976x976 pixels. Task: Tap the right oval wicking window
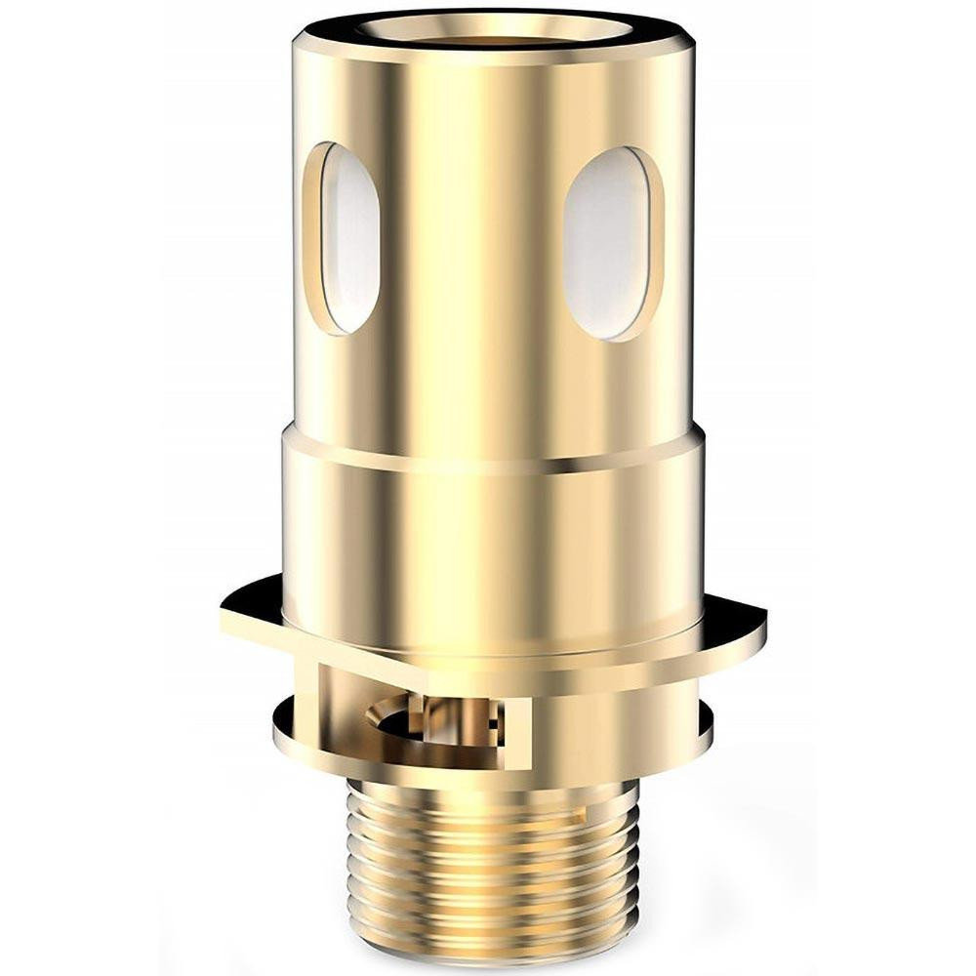tap(607, 244)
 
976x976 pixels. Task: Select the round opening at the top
tap(493, 23)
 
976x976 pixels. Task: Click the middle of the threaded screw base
tap(493, 859)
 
